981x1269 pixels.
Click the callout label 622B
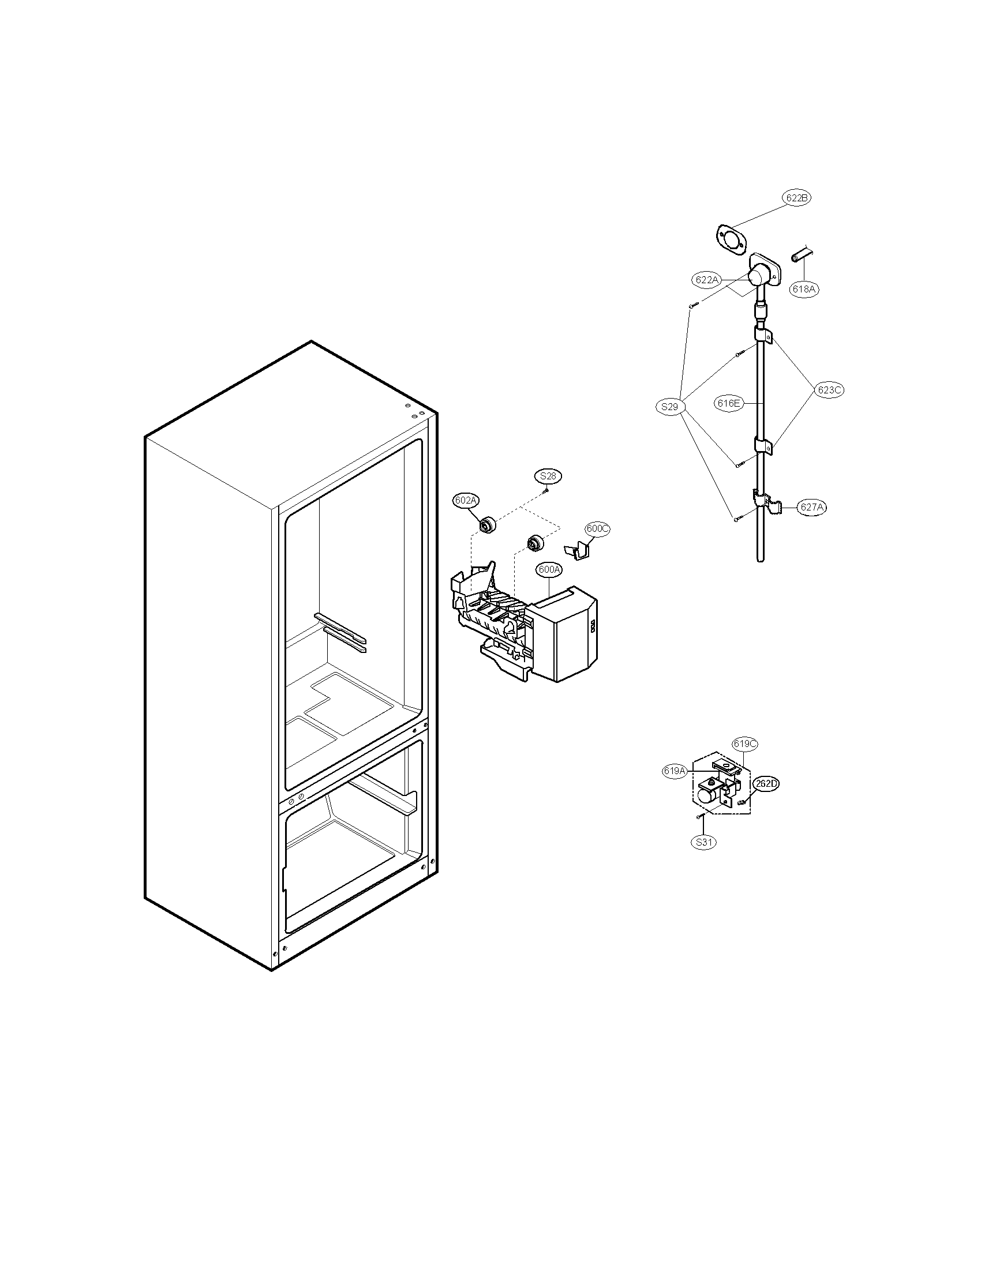(797, 197)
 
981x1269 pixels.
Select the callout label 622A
(707, 280)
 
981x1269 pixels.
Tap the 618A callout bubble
(804, 289)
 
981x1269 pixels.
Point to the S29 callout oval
(669, 407)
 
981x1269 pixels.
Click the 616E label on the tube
(728, 403)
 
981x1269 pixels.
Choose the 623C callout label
(829, 390)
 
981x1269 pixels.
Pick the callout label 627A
(812, 507)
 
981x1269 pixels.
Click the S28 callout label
(548, 476)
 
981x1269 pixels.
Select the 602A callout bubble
(466, 500)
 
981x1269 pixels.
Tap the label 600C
(597, 529)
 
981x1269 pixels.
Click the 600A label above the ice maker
(549, 570)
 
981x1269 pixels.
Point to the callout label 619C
(745, 744)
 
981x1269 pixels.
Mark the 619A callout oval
(675, 771)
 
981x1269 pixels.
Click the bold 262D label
(766, 783)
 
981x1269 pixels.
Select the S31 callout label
(704, 842)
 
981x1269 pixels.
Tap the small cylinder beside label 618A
(802, 255)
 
